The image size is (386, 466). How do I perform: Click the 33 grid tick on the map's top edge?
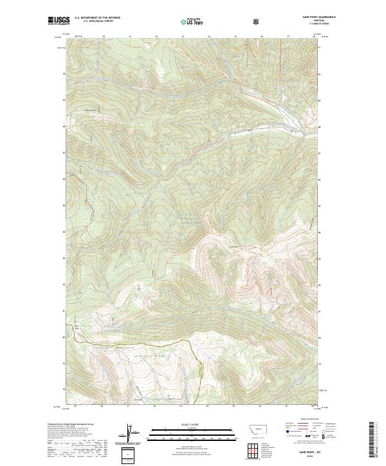(182, 36)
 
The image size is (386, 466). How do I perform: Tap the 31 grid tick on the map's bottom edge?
(129, 406)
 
